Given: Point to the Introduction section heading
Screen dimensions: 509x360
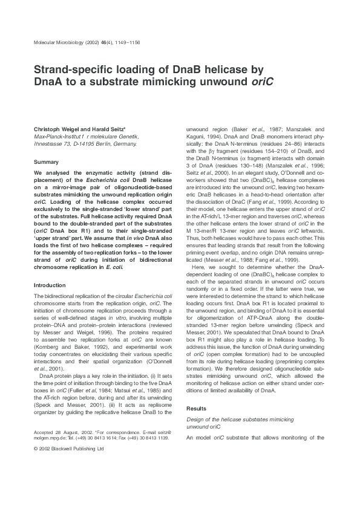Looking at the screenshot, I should [50, 284].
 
